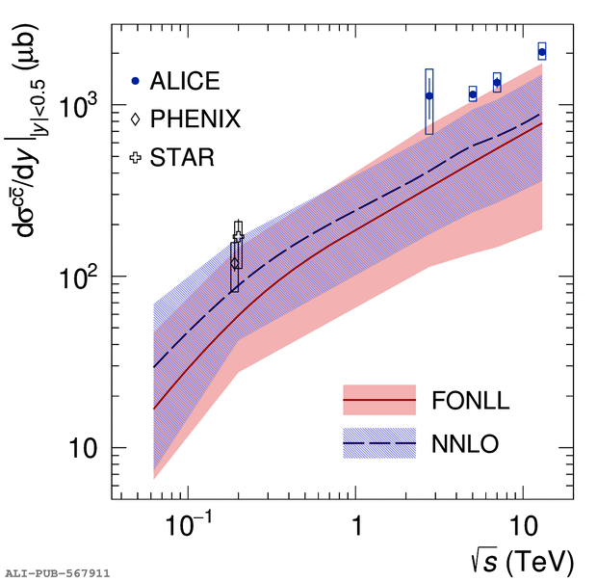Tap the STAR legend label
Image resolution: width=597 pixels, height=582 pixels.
click(183, 157)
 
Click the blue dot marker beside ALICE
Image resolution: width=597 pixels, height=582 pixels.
click(136, 81)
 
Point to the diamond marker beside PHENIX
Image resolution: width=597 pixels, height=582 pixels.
click(136, 119)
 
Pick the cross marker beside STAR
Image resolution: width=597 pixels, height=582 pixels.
click(136, 157)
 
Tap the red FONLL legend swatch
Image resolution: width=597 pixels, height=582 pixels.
click(378, 398)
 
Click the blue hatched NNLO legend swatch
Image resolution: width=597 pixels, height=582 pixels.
click(378, 442)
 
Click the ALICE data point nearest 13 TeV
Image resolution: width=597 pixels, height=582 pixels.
click(542, 52)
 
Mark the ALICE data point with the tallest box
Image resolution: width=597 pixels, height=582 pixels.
click(429, 95)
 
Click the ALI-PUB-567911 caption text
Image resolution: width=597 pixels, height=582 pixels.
click(57, 572)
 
